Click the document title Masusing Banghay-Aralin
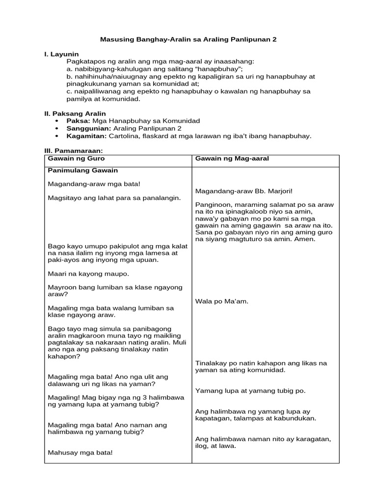pyautogui.click(x=188, y=39)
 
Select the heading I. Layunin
pyautogui.click(x=61, y=54)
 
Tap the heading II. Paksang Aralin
pyautogui.click(x=75, y=113)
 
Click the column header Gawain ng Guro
pyautogui.click(x=76, y=159)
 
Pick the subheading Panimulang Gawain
pyautogui.click(x=83, y=171)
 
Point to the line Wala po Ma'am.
pyautogui.click(x=221, y=301)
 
